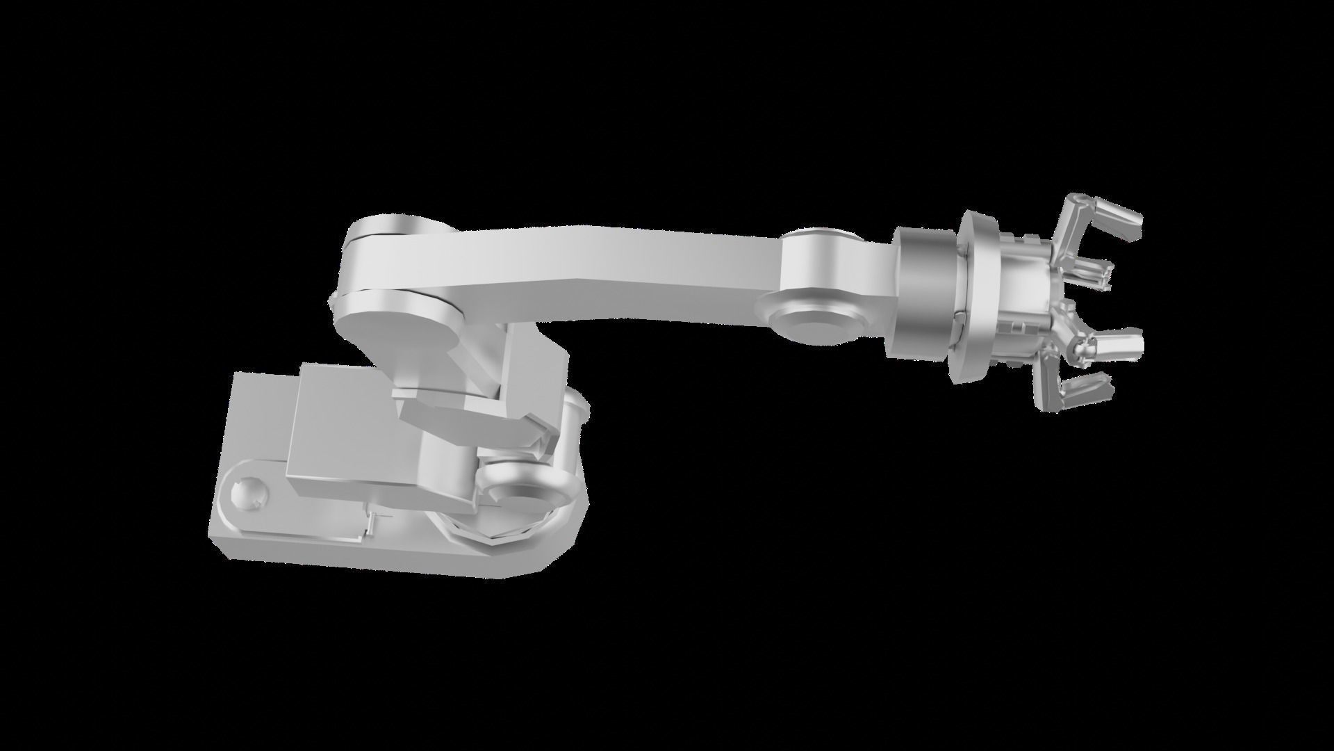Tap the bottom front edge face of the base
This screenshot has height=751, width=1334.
coord(361,556)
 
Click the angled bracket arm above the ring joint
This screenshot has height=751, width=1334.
coord(472,417)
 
